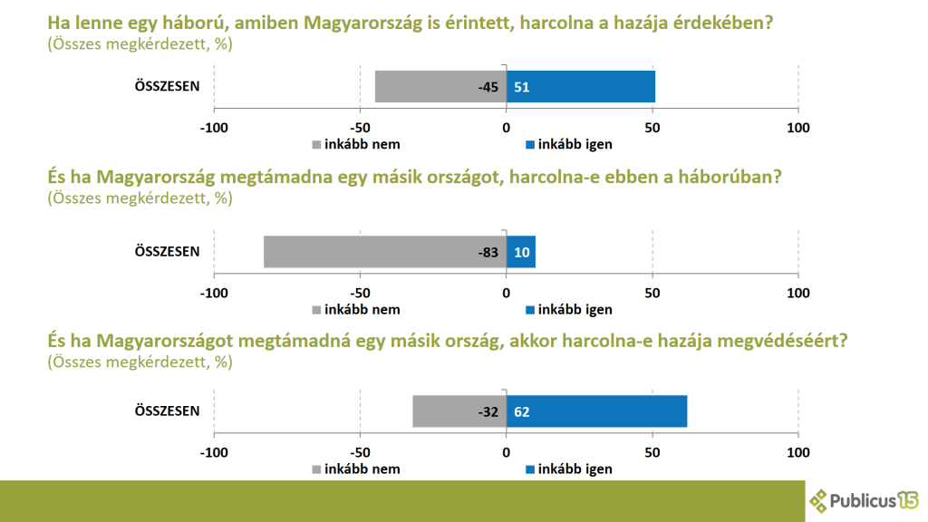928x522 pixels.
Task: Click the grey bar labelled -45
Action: click(x=440, y=87)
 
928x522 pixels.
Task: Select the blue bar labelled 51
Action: click(x=580, y=87)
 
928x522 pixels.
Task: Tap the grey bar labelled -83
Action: click(x=385, y=252)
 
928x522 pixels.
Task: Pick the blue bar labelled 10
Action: click(x=521, y=252)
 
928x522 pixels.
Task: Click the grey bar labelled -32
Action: click(x=459, y=411)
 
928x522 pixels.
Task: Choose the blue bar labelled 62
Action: click(x=596, y=411)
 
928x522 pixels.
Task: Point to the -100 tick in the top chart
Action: click(x=214, y=129)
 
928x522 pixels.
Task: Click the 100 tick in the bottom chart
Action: click(x=797, y=451)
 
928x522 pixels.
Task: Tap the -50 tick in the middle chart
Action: click(x=360, y=293)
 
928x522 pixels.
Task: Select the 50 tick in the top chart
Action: click(x=652, y=129)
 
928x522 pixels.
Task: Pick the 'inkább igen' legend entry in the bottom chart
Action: click(x=568, y=469)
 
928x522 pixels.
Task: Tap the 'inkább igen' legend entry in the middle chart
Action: click(x=568, y=310)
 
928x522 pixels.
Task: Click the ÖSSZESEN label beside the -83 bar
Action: click(x=168, y=252)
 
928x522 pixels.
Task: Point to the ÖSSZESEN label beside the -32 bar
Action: click(x=168, y=411)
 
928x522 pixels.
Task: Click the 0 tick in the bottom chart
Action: click(x=506, y=451)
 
